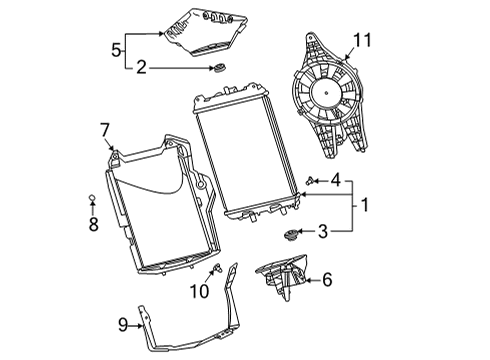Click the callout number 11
pyautogui.click(x=361, y=42)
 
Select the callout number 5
pyautogui.click(x=117, y=47)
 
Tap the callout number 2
pyautogui.click(x=142, y=68)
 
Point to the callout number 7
pyautogui.click(x=104, y=129)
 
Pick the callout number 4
pyautogui.click(x=336, y=181)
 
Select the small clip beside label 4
pyautogui.click(x=311, y=181)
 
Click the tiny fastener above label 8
pyautogui.click(x=92, y=199)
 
